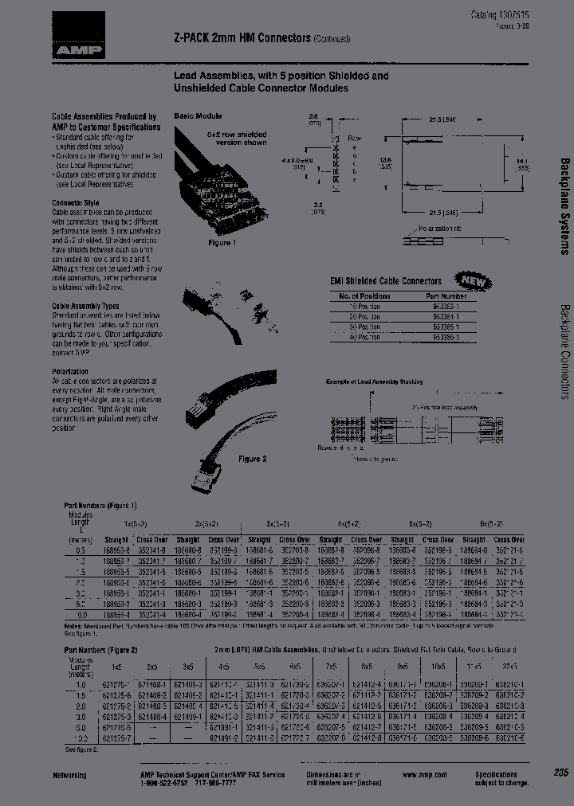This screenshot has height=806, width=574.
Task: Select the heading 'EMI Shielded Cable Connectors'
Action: tap(386, 281)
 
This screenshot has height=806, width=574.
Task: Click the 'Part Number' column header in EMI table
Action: tap(440, 295)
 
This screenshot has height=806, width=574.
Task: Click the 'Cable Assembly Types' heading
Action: tap(85, 306)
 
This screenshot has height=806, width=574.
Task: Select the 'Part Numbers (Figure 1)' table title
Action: tap(100, 505)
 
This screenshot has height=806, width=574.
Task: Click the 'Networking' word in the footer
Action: tap(70, 775)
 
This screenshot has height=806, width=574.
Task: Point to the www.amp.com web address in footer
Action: tap(419, 774)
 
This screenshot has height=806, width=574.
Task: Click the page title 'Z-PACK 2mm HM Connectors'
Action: tap(237, 38)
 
